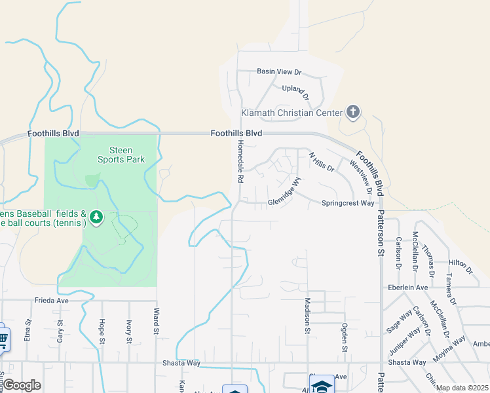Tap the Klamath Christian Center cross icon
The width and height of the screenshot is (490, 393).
click(353, 112)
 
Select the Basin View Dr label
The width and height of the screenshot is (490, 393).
click(279, 71)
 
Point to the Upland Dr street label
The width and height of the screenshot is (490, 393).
click(295, 88)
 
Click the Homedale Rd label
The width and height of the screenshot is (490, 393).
click(240, 161)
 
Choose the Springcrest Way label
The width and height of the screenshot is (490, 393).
click(348, 203)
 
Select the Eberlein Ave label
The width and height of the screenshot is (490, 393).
click(407, 288)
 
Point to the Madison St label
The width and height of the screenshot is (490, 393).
click(307, 315)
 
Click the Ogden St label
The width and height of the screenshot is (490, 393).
click(345, 336)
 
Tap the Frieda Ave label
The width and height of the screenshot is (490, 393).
click(52, 301)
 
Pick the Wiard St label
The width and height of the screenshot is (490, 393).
click(157, 321)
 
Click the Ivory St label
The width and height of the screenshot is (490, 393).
click(129, 331)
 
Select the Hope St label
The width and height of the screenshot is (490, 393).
click(102, 331)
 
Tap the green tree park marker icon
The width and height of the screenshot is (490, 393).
click(96, 216)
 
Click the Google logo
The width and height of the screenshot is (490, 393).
click(21, 385)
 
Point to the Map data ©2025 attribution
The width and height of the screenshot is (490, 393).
click(462, 388)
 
